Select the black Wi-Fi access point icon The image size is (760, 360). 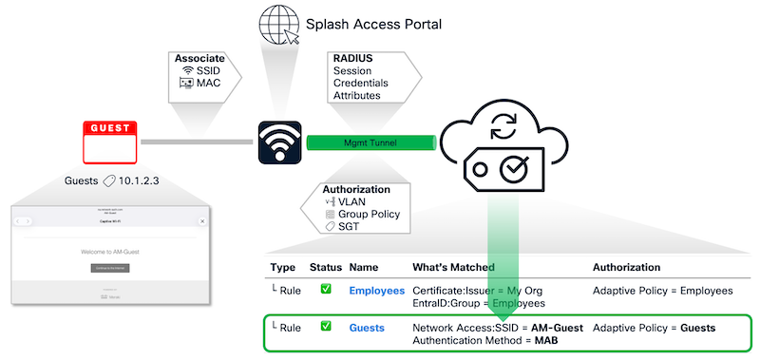click(280, 142)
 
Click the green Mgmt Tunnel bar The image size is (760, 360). click(370, 142)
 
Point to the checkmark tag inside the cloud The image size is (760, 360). click(503, 168)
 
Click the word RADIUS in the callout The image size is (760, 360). click(353, 58)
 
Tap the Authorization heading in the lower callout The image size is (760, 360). click(356, 189)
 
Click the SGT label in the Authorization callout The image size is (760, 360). click(351, 227)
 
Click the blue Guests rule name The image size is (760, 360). click(367, 328)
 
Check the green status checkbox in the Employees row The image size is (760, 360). click(325, 289)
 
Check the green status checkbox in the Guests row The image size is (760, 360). click(325, 327)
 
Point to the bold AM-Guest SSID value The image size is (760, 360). click(551, 328)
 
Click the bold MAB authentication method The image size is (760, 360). click(546, 341)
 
